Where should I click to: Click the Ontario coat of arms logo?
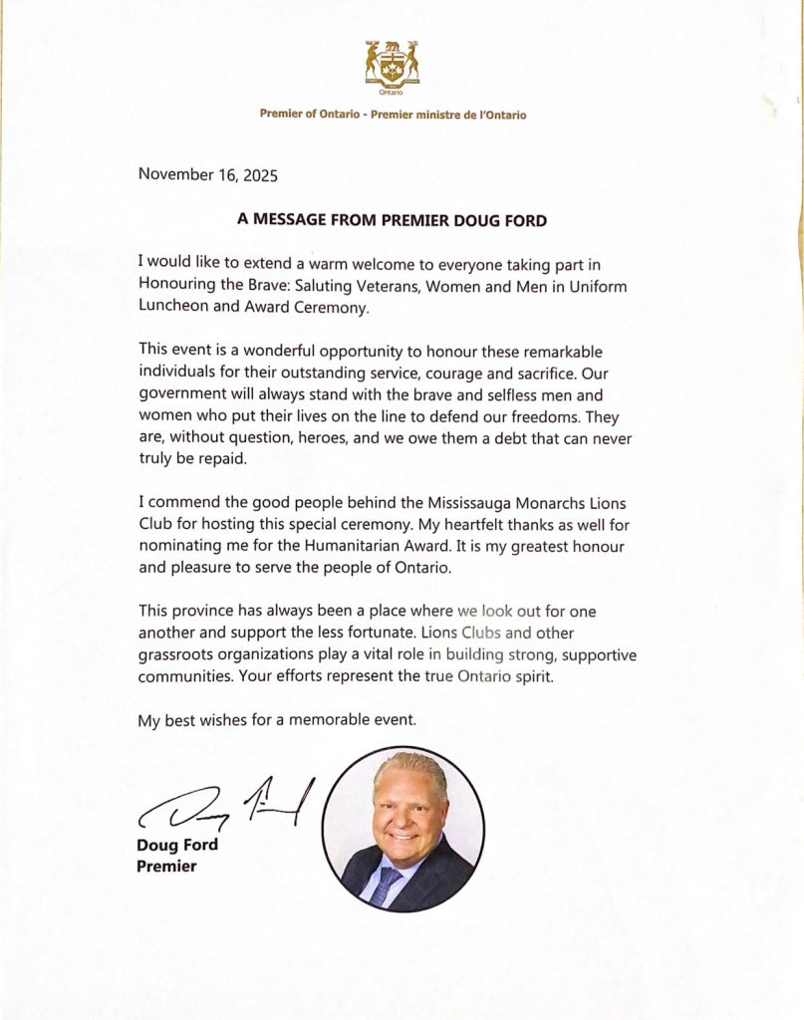[393, 65]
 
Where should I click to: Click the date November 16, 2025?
[207, 174]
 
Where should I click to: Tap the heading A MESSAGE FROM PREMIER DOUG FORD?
[392, 221]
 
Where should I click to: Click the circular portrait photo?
[403, 830]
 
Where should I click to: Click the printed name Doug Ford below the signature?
[176, 847]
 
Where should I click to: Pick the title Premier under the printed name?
[166, 867]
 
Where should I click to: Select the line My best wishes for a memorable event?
[276, 719]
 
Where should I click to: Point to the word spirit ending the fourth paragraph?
[517, 677]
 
